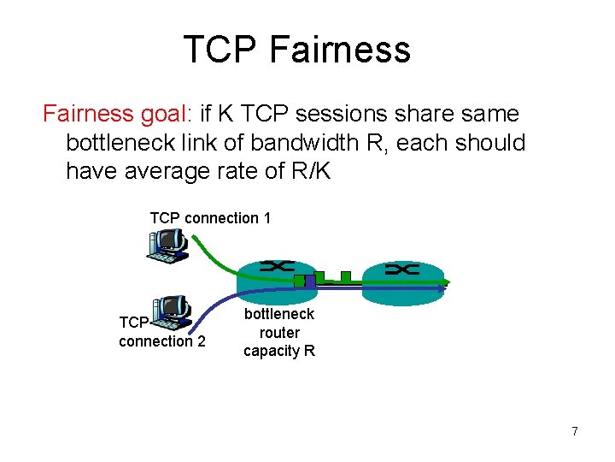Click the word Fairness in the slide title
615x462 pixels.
click(339, 50)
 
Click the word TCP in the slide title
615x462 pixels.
click(220, 50)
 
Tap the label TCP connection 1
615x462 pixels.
click(210, 218)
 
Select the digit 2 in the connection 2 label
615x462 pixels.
click(201, 341)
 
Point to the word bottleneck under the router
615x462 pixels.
click(279, 314)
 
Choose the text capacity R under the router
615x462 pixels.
click(279, 351)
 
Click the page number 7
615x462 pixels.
click(575, 431)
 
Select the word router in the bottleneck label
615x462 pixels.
click(279, 332)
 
